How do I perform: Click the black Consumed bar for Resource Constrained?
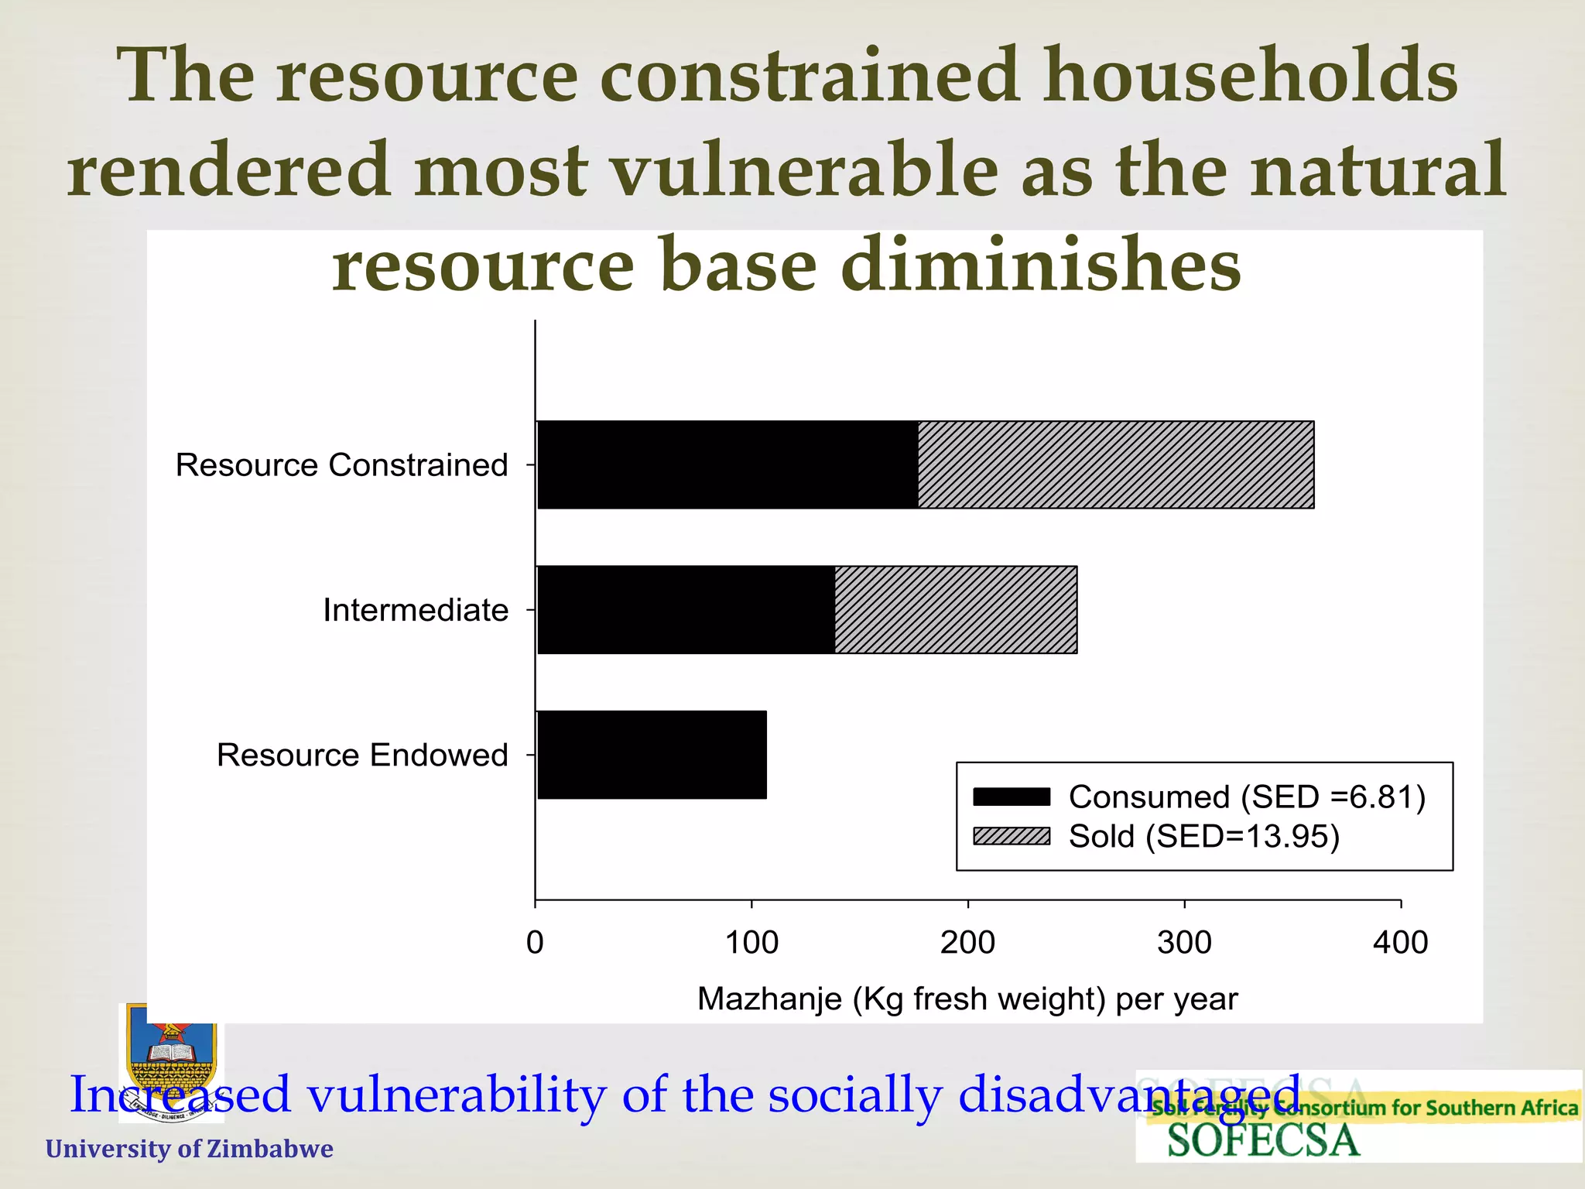(727, 464)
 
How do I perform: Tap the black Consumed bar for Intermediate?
(686, 609)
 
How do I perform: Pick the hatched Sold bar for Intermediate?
(956, 609)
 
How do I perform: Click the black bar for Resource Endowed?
(652, 755)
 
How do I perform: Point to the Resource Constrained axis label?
(341, 465)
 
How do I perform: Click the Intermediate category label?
(416, 610)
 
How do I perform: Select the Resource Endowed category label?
(362, 755)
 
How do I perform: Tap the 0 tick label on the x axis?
(535, 943)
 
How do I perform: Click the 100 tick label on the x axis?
(751, 943)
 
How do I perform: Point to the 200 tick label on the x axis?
(967, 943)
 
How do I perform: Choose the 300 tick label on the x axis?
(1184, 943)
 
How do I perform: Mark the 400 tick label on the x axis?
(1400, 943)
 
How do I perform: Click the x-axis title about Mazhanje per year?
(967, 999)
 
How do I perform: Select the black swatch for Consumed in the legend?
(1012, 797)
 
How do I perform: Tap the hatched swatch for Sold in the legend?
(1012, 836)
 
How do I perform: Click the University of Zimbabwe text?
(190, 1149)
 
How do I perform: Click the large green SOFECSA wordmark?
(1263, 1141)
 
